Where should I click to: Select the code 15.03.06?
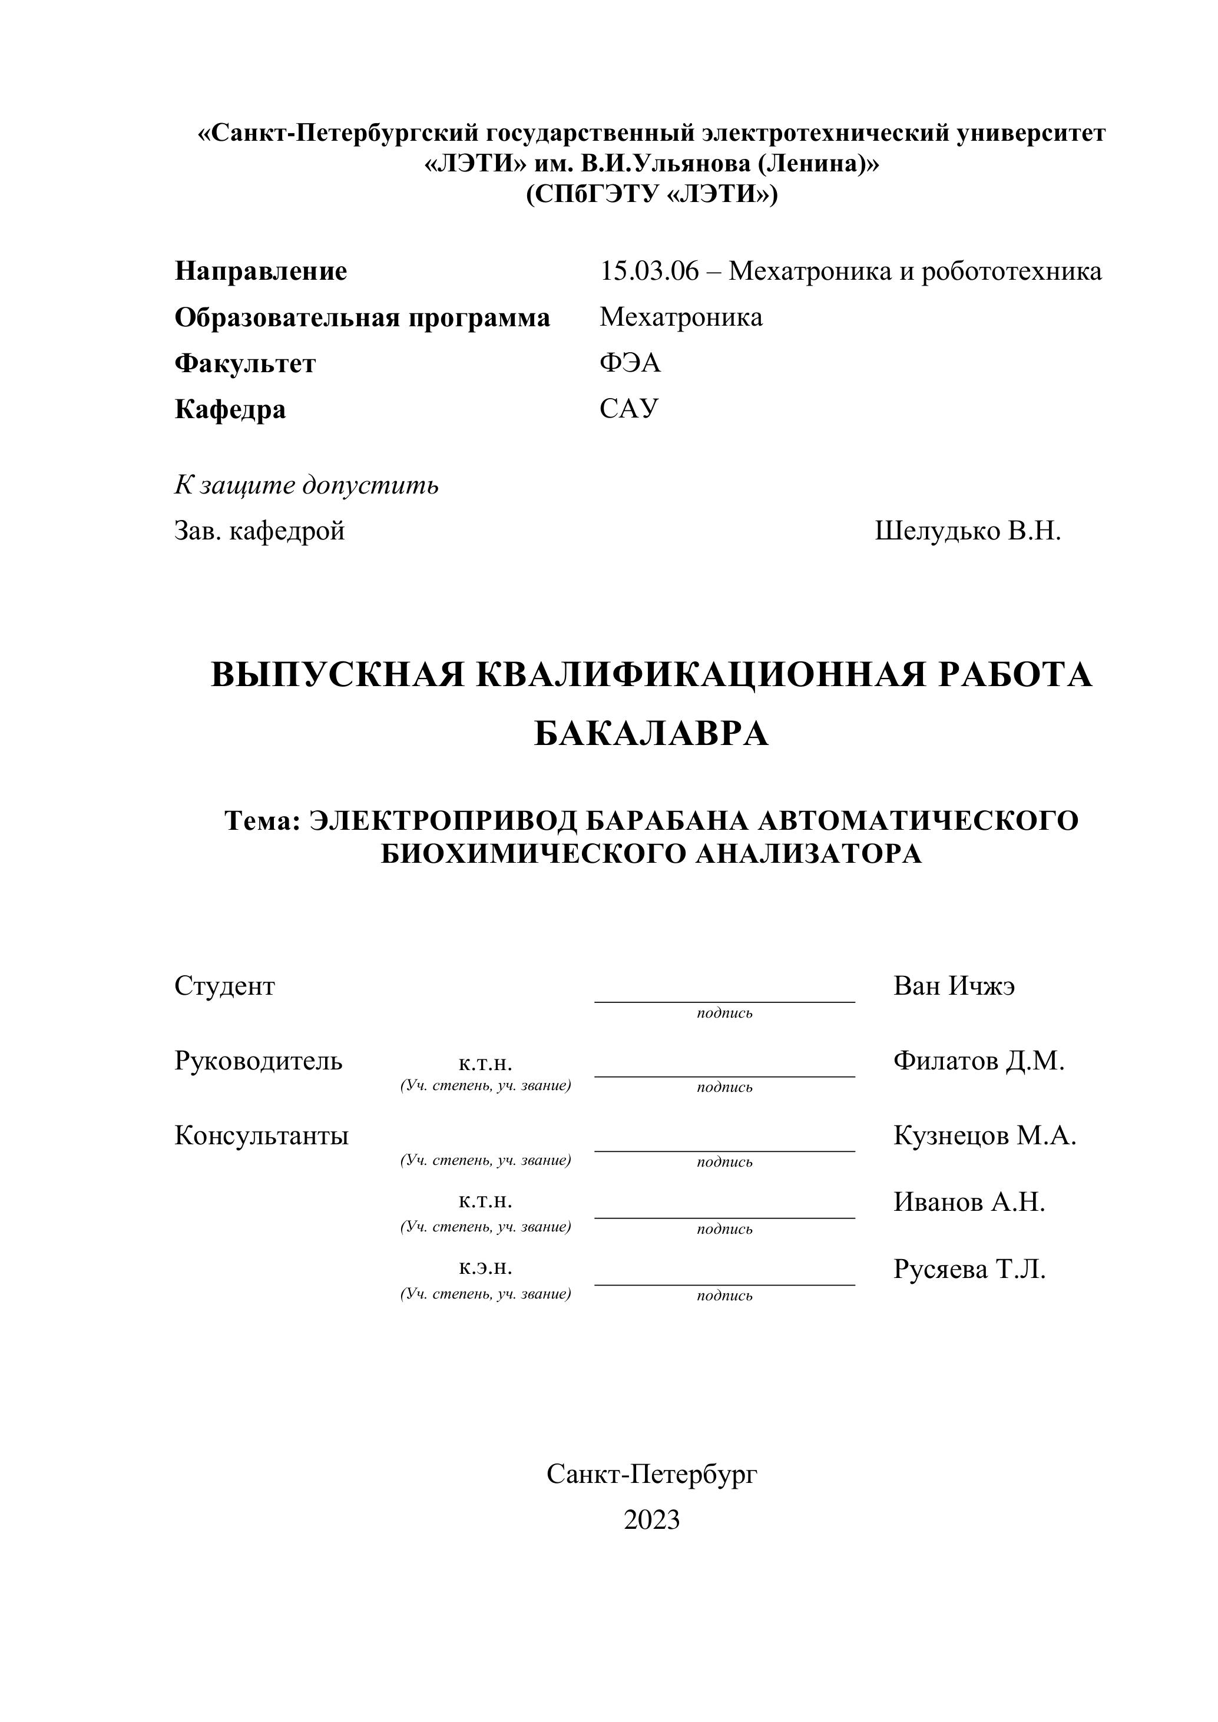648,271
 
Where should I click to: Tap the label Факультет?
244,364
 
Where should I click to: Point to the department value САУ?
628,409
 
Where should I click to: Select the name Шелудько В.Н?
968,531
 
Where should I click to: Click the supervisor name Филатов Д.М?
979,1061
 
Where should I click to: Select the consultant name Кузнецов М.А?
985,1135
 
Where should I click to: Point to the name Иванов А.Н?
969,1202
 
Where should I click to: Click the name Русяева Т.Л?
969,1269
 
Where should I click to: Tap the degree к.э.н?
485,1267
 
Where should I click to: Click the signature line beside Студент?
724,1001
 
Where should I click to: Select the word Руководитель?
258,1061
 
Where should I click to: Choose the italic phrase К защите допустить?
306,485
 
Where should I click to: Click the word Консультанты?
261,1135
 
